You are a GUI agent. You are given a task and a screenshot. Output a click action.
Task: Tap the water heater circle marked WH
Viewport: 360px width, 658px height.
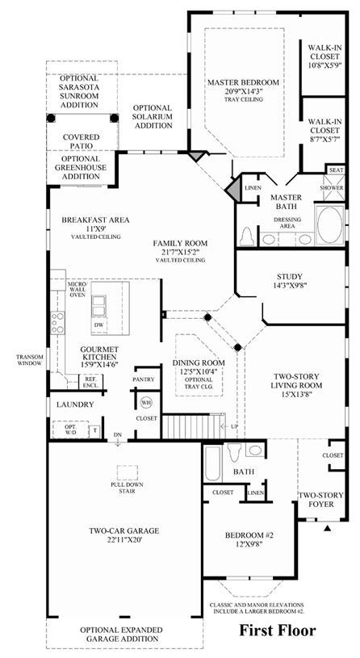tap(145, 402)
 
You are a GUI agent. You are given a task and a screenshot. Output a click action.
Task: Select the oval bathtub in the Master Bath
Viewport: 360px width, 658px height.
tap(329, 224)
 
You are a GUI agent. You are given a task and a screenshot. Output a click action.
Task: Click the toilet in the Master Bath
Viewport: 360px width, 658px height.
tap(246, 237)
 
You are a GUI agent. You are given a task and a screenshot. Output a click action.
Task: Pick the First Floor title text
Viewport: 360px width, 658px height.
tap(278, 630)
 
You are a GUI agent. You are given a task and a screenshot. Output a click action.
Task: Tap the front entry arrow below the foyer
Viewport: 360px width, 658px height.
tap(328, 528)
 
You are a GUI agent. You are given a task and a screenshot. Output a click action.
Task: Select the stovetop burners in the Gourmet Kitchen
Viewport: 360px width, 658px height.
tap(57, 323)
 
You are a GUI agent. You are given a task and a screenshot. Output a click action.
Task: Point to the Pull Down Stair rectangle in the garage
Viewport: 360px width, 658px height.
tap(128, 472)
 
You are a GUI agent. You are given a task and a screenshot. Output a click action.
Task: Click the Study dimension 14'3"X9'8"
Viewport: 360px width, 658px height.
tap(290, 285)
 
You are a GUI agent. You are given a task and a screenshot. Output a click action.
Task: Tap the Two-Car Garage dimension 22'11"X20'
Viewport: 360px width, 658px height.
tap(123, 540)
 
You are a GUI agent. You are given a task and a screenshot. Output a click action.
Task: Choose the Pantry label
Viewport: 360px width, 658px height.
tap(144, 379)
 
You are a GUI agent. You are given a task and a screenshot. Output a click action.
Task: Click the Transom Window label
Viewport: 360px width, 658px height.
tap(29, 360)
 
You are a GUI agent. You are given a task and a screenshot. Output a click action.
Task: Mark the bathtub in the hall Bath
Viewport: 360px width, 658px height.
tap(213, 463)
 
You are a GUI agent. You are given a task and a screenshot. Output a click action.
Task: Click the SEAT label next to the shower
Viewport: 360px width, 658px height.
tap(336, 170)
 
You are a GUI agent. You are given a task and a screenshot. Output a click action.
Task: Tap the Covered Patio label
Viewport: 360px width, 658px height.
tap(82, 141)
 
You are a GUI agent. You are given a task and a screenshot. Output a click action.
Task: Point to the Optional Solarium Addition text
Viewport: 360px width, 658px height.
tap(153, 116)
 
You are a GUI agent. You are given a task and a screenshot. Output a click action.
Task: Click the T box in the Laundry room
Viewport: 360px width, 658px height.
tap(94, 430)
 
